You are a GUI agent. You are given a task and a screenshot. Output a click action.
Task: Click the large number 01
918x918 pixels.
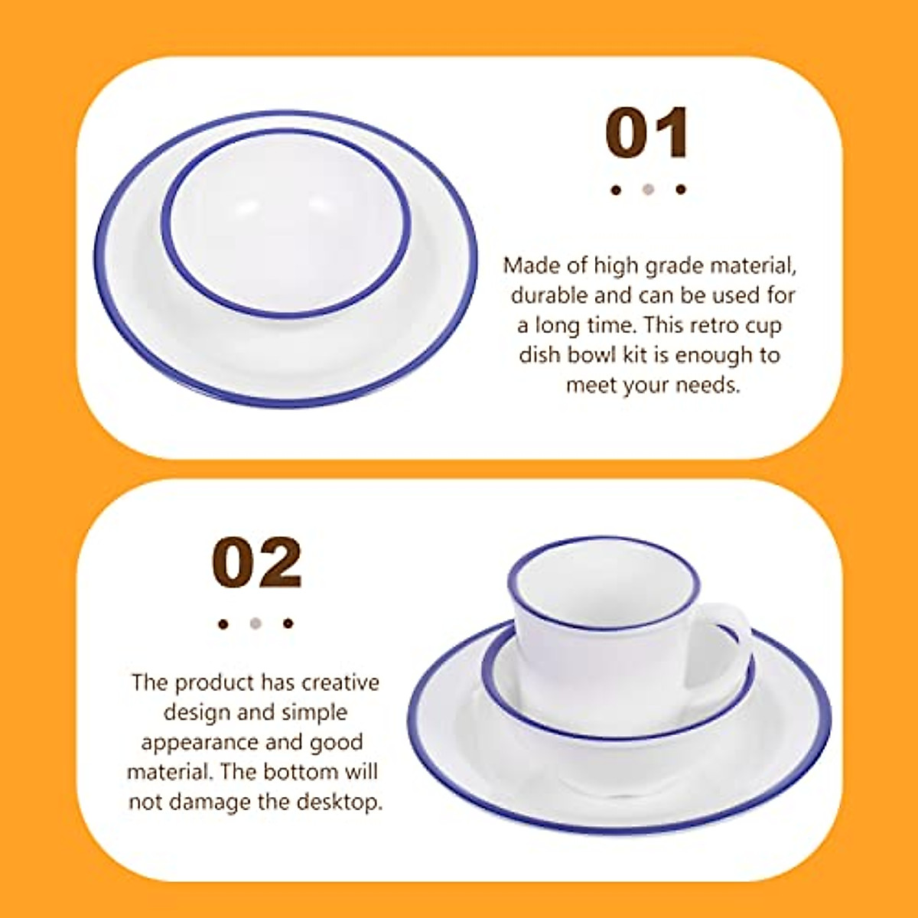tap(647, 133)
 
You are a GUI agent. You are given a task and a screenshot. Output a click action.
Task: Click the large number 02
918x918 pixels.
tap(257, 563)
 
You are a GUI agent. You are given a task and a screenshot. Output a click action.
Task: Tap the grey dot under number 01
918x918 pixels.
tap(649, 189)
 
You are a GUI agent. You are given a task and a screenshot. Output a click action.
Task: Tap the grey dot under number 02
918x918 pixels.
tap(256, 623)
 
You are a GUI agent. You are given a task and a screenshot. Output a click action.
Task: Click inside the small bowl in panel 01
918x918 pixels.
tap(287, 222)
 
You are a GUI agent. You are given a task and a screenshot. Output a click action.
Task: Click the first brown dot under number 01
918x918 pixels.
tap(616, 190)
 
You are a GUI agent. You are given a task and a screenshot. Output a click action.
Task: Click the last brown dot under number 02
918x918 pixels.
tap(288, 623)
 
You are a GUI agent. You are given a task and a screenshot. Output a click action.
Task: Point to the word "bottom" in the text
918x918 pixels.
tap(299, 772)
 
